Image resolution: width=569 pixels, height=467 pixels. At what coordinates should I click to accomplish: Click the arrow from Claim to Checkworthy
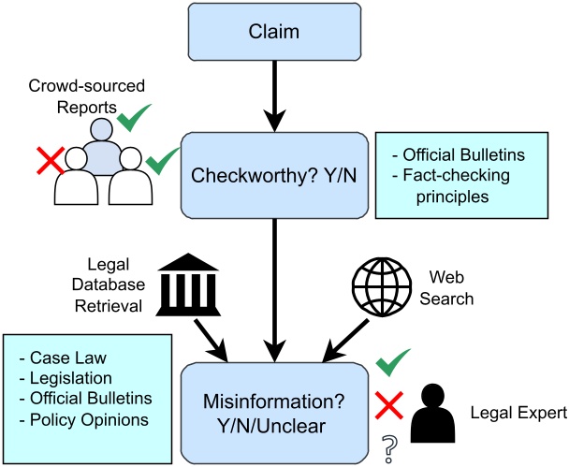pos(274,98)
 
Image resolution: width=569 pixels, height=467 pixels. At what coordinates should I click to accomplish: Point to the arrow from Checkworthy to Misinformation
pos(274,290)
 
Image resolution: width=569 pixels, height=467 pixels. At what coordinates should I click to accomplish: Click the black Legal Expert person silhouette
pos(436,412)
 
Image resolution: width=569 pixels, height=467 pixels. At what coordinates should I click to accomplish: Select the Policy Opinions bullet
pos(83,418)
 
